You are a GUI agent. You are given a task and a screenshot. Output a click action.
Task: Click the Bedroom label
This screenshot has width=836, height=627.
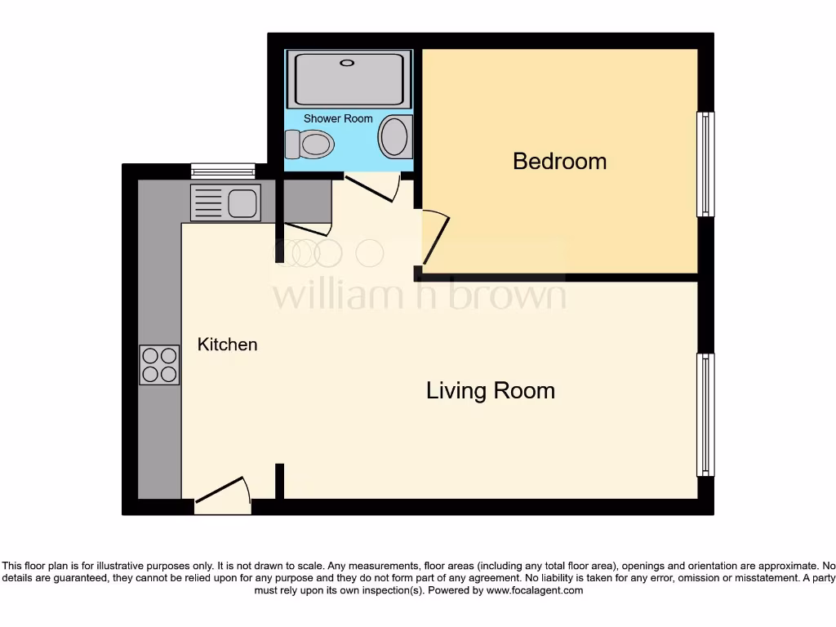click(x=559, y=161)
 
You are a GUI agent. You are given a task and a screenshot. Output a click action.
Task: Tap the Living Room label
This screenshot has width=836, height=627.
click(x=490, y=391)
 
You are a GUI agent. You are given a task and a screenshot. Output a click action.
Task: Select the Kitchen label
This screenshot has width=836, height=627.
click(x=227, y=345)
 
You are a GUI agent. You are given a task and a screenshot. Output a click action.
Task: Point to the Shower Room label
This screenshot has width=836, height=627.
click(x=338, y=118)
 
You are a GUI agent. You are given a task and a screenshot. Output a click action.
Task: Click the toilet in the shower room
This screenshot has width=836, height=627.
click(x=310, y=145)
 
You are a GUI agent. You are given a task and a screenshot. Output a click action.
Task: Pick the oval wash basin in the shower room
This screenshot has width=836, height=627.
click(x=395, y=136)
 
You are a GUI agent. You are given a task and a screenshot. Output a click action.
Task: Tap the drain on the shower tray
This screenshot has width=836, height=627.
click(x=349, y=62)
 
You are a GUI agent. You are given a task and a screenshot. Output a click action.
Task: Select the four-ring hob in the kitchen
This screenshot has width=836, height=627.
click(x=159, y=365)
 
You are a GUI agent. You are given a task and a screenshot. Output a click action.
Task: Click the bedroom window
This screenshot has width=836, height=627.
click(x=705, y=164)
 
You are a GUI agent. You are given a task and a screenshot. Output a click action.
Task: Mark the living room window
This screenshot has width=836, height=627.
click(x=705, y=415)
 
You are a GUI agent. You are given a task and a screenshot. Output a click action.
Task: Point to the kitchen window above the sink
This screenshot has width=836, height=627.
click(x=223, y=171)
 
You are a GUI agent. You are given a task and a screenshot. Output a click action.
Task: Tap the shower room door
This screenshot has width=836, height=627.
click(x=371, y=187)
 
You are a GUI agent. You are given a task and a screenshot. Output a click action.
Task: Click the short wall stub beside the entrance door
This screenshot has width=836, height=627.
click(x=279, y=481)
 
